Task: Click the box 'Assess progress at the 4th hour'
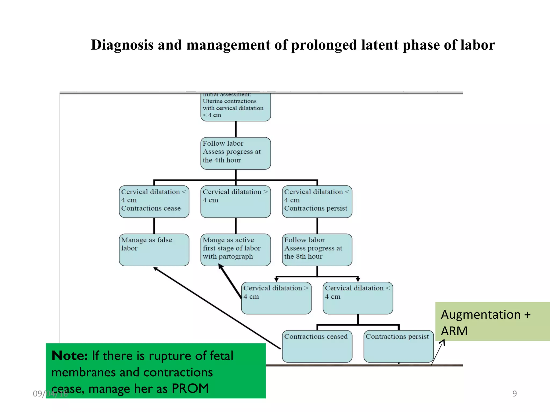236,153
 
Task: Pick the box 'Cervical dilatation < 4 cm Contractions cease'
154,201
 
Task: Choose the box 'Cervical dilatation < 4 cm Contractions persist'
317,201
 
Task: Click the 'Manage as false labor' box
154,250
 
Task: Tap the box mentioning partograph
236,250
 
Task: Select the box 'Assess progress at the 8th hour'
317,250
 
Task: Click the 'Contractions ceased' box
317,346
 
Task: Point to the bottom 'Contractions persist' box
399,346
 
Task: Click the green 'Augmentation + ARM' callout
492,321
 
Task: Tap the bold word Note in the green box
70,356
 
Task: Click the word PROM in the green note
190,388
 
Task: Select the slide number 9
514,393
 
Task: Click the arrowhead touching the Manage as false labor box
155,268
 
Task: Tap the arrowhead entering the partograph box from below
220,266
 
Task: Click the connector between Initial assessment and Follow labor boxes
236,129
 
